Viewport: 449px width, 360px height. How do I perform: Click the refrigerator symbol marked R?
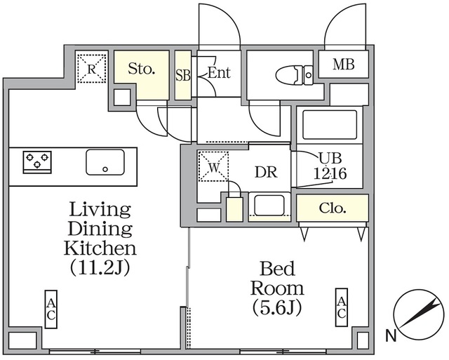coord(91,69)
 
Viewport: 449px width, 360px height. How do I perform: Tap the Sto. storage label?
coord(141,69)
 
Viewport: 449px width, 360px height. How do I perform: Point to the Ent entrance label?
coord(219,73)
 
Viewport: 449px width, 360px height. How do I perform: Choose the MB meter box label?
coord(343,65)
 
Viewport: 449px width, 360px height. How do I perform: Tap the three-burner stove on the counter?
coord(38,162)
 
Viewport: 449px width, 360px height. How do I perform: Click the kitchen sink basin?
coord(105,162)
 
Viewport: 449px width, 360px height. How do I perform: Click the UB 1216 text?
coord(329,164)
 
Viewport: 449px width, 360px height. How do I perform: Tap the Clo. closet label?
coord(332,208)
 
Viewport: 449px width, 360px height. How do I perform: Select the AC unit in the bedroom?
coord(341,307)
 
